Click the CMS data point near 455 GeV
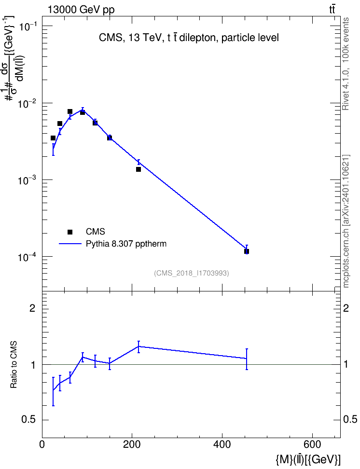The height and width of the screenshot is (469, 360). (247, 251)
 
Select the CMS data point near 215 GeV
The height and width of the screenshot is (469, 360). (138, 169)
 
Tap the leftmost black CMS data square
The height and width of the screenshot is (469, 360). (53, 138)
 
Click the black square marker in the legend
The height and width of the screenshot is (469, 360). (70, 232)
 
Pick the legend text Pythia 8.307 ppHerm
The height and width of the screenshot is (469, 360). (126, 244)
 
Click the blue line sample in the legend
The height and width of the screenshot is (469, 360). (70, 244)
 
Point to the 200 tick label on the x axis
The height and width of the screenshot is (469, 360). (132, 444)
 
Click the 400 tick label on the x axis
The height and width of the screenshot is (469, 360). (222, 444)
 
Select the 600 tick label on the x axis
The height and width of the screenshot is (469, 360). (312, 444)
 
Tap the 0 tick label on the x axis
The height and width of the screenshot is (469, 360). (42, 444)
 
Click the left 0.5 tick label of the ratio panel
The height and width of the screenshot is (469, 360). (28, 420)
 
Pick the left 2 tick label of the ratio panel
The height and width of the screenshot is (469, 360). (33, 308)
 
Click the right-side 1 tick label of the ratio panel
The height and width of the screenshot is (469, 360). (346, 364)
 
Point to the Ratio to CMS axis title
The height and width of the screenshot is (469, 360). (14, 365)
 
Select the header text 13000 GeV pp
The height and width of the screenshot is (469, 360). (81, 10)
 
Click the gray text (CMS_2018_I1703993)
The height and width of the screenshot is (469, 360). (192, 273)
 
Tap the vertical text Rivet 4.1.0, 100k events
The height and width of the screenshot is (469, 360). (346, 64)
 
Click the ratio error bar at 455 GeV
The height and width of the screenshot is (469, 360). (247, 359)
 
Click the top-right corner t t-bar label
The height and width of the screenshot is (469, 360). (332, 10)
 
